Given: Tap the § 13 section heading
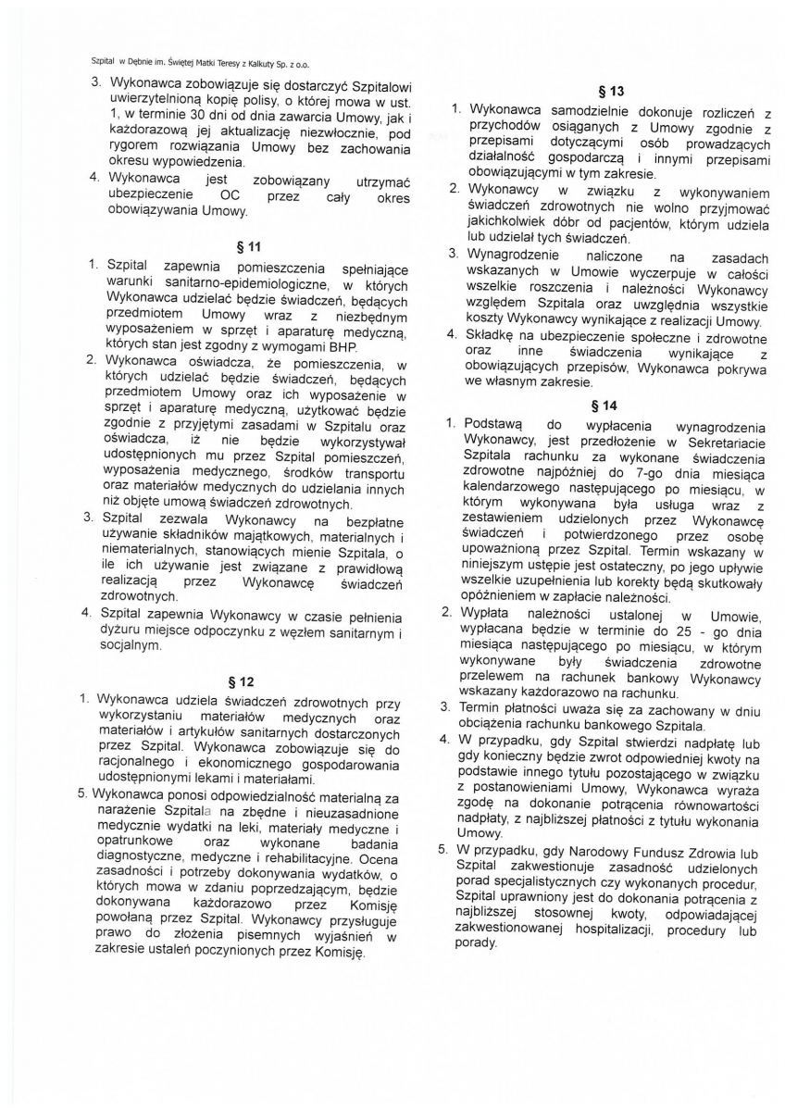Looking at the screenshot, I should [x=612, y=91].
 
